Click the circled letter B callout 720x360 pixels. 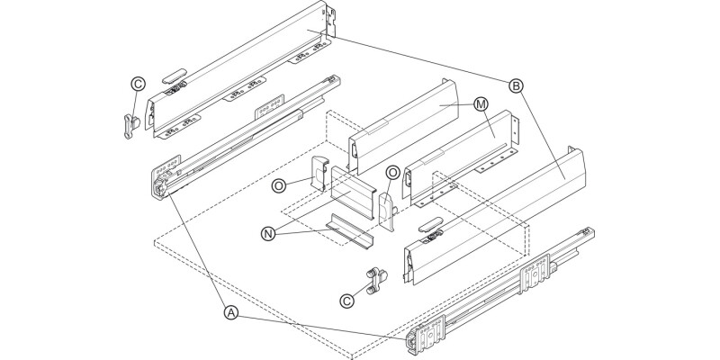click(x=516, y=86)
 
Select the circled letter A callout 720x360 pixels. click(x=231, y=312)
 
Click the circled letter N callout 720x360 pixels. click(x=267, y=233)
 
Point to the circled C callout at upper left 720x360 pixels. click(x=138, y=84)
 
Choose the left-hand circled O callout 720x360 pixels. click(x=280, y=184)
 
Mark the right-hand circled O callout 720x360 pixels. click(x=392, y=172)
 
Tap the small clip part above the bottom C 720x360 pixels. click(x=373, y=279)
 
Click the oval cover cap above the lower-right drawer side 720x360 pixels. click(x=430, y=221)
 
